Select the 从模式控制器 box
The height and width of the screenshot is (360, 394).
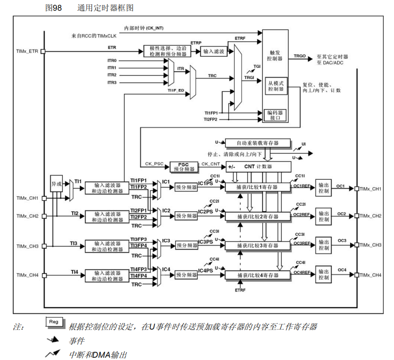pos(277,85)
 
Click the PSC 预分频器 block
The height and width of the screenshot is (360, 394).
pos(184,167)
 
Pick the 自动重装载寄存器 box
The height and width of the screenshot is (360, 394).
pos(258,143)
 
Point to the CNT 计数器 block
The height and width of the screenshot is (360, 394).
pos(258,166)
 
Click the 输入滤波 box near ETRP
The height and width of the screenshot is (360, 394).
pos(214,52)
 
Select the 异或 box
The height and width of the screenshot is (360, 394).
pos(56,183)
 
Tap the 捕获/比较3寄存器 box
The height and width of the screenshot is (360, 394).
pos(258,245)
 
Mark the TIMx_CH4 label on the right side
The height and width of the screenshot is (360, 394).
pos(370,275)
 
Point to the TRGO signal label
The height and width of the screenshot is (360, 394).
pos(300,56)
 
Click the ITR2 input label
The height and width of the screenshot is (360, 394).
pos(112,75)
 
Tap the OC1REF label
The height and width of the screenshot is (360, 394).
pos(302,186)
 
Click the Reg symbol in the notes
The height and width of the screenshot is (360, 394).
pos(54,322)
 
